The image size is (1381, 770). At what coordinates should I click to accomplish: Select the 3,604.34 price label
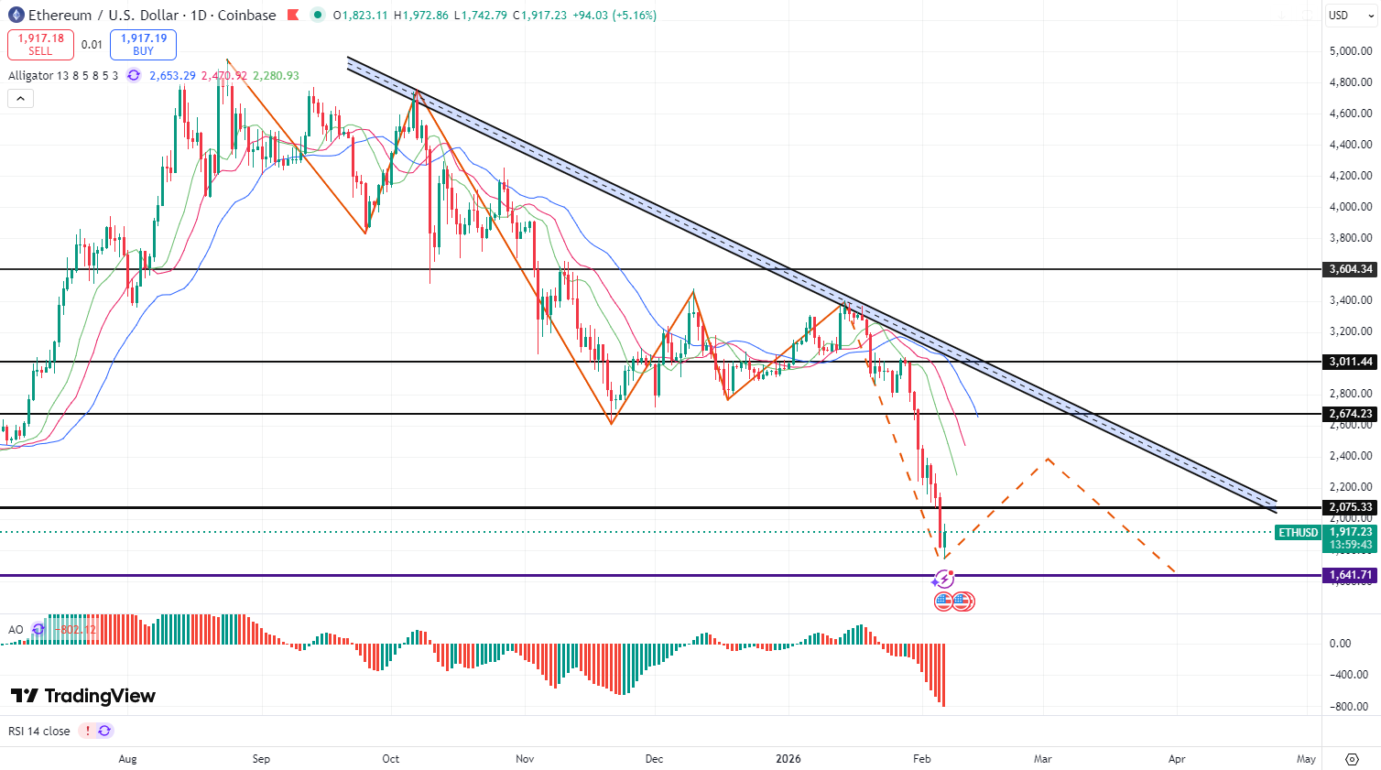click(1351, 269)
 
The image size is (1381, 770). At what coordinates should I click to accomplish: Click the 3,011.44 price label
click(1351, 362)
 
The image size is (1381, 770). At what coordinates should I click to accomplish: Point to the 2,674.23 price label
click(1351, 414)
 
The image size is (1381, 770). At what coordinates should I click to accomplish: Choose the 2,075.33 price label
click(1351, 507)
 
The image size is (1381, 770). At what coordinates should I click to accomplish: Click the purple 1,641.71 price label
click(1351, 575)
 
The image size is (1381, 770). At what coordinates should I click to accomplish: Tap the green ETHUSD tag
click(1298, 532)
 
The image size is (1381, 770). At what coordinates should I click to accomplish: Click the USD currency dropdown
click(1351, 16)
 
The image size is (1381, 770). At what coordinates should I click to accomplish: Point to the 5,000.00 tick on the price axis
click(1351, 51)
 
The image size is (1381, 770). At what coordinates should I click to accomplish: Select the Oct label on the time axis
click(391, 759)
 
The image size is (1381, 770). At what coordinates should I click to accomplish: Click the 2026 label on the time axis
click(788, 759)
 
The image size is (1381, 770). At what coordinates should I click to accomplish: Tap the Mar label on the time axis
click(1042, 759)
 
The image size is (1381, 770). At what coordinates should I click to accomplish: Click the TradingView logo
click(83, 696)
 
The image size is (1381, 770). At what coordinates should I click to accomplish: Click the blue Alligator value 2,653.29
click(172, 76)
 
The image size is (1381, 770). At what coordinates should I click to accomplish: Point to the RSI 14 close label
click(39, 731)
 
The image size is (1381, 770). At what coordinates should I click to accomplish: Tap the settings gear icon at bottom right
click(1352, 759)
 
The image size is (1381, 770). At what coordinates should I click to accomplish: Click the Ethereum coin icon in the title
click(16, 16)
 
